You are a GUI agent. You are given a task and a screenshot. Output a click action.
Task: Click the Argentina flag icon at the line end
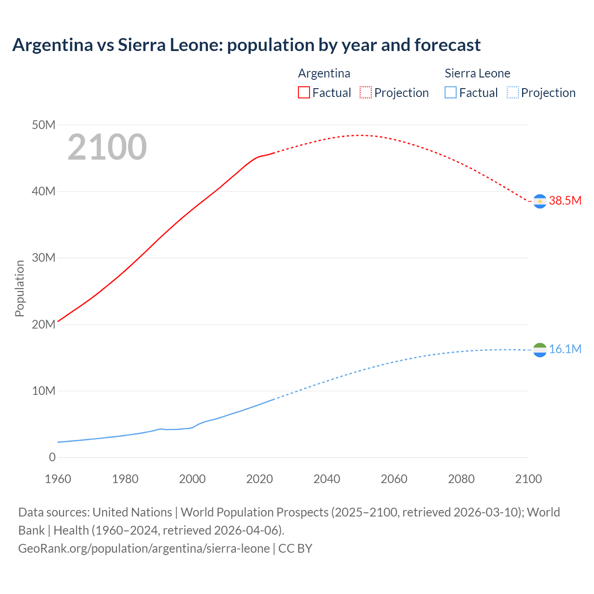540,201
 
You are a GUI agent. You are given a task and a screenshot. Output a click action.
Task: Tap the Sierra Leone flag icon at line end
540,350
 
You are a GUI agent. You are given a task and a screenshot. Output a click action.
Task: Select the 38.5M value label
565,200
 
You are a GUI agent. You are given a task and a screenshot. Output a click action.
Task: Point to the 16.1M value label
565,349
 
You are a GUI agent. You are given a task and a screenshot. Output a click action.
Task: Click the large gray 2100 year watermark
107,147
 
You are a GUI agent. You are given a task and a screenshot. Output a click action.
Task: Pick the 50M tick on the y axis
44,125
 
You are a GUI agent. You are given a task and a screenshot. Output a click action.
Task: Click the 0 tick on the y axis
52,457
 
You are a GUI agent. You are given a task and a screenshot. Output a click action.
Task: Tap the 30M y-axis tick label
44,258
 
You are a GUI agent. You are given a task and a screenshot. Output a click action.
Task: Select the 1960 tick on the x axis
58,479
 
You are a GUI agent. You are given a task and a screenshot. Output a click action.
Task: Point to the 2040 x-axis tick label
327,479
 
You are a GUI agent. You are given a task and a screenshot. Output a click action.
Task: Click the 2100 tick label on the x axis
528,479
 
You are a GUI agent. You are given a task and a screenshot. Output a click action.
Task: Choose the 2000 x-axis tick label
192,479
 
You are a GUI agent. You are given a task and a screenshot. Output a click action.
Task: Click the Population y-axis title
19,288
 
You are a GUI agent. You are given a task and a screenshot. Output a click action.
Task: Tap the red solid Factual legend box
303,93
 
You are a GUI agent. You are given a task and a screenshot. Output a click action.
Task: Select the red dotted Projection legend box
366,93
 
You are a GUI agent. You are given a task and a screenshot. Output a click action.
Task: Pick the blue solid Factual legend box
451,93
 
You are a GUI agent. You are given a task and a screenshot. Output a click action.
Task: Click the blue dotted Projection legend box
512,93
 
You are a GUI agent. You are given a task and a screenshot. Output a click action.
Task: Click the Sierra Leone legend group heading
477,73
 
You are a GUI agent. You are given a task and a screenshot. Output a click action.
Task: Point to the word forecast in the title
447,45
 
